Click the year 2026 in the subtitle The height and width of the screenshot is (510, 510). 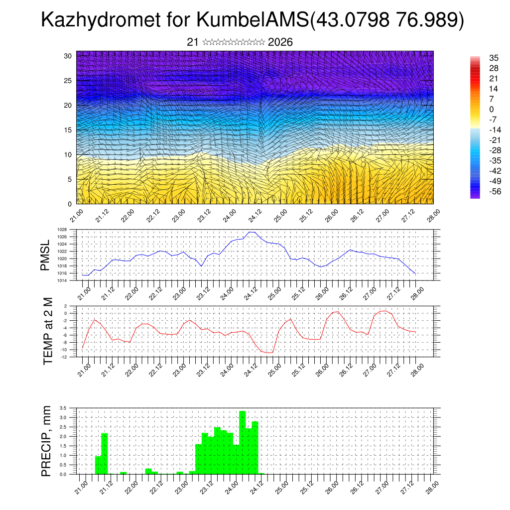coord(280,42)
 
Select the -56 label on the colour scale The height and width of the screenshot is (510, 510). coord(494,191)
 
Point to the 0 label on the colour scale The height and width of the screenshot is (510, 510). coord(492,109)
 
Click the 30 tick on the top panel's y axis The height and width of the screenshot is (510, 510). coord(68,56)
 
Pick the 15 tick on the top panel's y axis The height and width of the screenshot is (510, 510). coord(68,130)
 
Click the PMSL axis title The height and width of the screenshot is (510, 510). coord(46,255)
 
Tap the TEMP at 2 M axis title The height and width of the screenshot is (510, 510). coord(48,331)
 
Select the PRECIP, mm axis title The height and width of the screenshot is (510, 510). coord(46,441)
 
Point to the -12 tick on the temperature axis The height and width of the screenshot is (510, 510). coord(64,357)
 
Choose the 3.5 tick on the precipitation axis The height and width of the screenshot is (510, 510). coord(63,408)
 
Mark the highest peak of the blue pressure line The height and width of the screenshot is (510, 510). coord(252,232)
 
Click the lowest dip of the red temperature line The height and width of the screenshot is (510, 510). coord(269,353)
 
